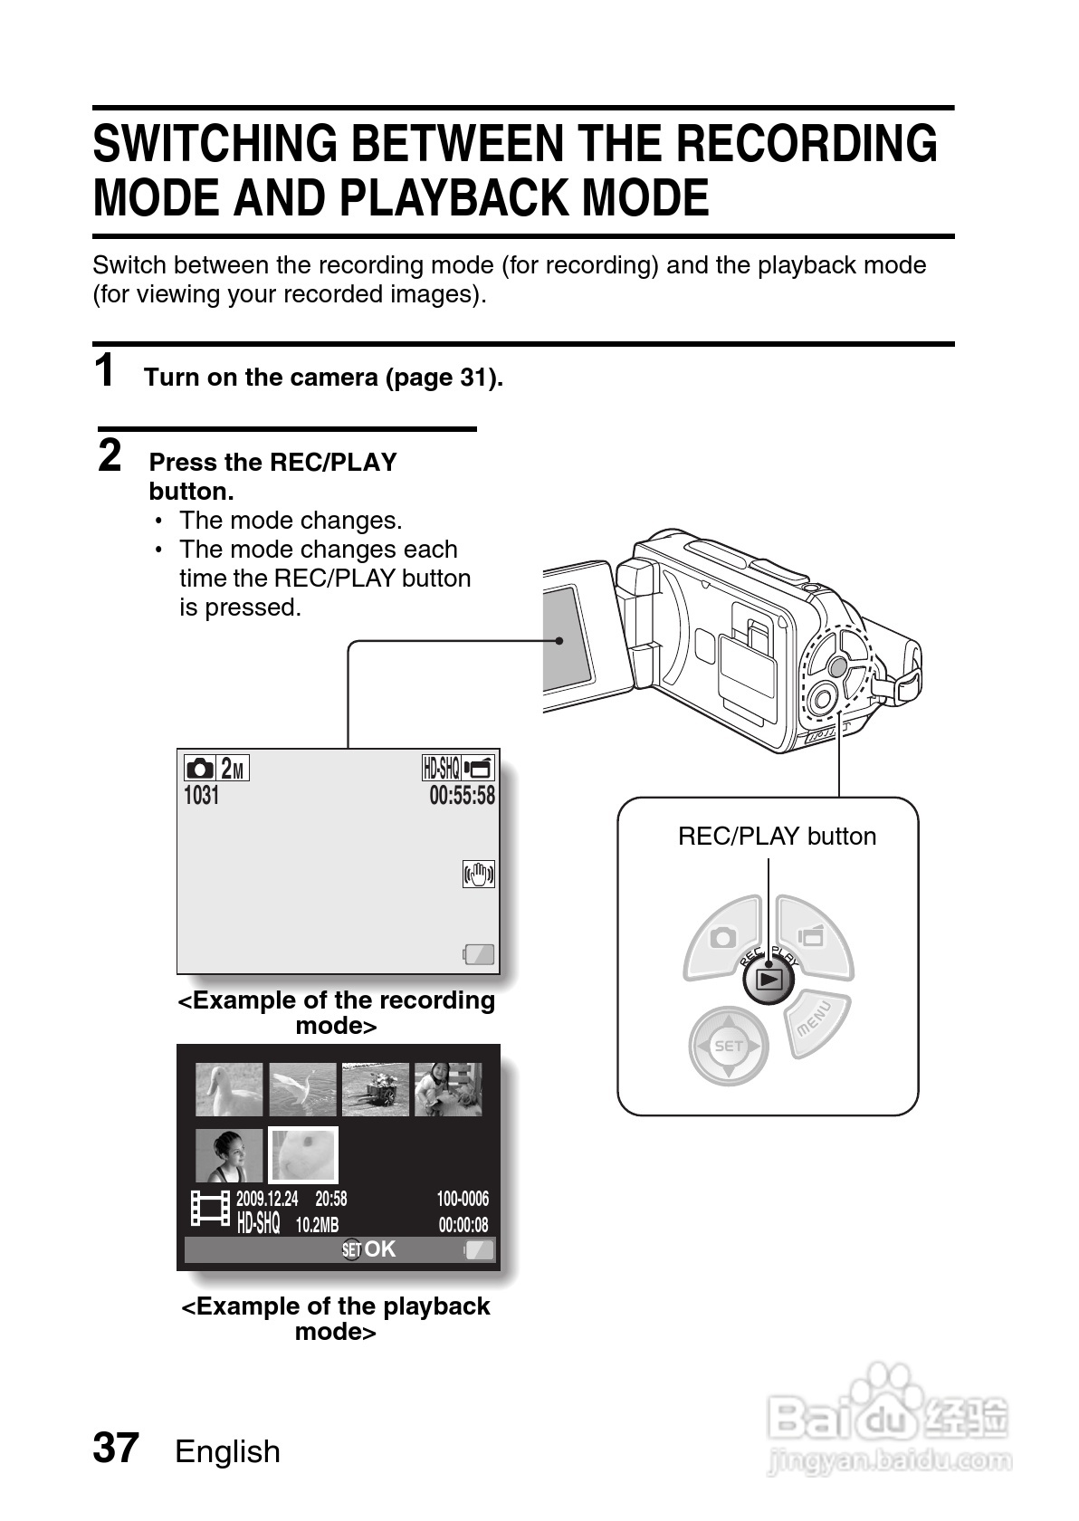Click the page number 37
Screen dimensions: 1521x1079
(x=116, y=1449)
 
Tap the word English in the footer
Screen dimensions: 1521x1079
(x=227, y=1451)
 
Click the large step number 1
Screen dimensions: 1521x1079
(x=106, y=370)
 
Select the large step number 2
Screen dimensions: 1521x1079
(x=110, y=455)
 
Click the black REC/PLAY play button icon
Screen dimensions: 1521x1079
(x=769, y=979)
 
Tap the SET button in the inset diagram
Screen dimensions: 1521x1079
(x=728, y=1046)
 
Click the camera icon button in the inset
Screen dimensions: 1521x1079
(x=723, y=938)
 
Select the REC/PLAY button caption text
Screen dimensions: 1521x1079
(x=777, y=836)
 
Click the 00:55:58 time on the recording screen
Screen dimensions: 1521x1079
(x=462, y=796)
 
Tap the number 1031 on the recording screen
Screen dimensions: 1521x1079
(x=201, y=796)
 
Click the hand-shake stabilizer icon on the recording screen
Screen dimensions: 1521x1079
(x=478, y=874)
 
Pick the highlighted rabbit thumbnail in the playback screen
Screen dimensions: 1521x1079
(x=303, y=1155)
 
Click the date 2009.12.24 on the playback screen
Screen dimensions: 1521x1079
(x=266, y=1199)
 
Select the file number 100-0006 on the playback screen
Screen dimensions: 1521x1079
(x=462, y=1199)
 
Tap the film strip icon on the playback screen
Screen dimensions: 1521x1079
(x=209, y=1209)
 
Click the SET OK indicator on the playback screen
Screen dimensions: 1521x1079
(x=368, y=1249)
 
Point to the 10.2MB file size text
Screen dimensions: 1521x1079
(x=317, y=1225)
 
